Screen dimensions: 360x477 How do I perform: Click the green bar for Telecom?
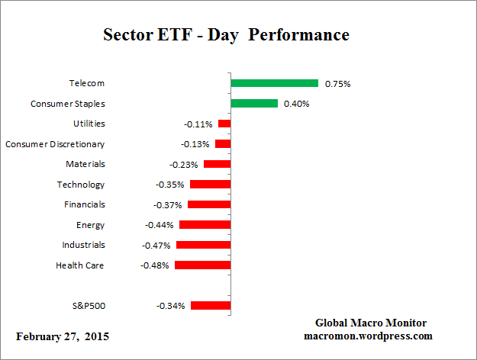[274, 83]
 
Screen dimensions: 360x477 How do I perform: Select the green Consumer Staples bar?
[253, 104]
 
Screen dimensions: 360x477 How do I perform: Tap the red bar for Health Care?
[202, 265]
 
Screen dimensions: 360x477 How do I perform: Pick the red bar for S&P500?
[211, 306]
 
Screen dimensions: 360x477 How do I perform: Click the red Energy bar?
[205, 225]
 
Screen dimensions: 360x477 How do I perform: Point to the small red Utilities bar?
[224, 124]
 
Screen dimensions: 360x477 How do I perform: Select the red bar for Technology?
[210, 185]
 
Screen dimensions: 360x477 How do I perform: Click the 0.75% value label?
[337, 84]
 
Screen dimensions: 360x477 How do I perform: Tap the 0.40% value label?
[296, 104]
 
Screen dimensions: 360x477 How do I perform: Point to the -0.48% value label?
[155, 265]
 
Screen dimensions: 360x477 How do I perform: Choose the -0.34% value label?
[170, 306]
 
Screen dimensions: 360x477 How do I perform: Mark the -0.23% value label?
[184, 164]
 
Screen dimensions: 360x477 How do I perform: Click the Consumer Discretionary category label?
[55, 144]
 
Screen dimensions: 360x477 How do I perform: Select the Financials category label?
[84, 204]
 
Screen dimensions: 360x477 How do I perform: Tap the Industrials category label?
[83, 245]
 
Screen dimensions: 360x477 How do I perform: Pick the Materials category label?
[85, 164]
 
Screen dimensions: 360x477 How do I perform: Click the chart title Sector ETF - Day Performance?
[226, 35]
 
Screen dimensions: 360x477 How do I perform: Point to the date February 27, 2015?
[63, 336]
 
